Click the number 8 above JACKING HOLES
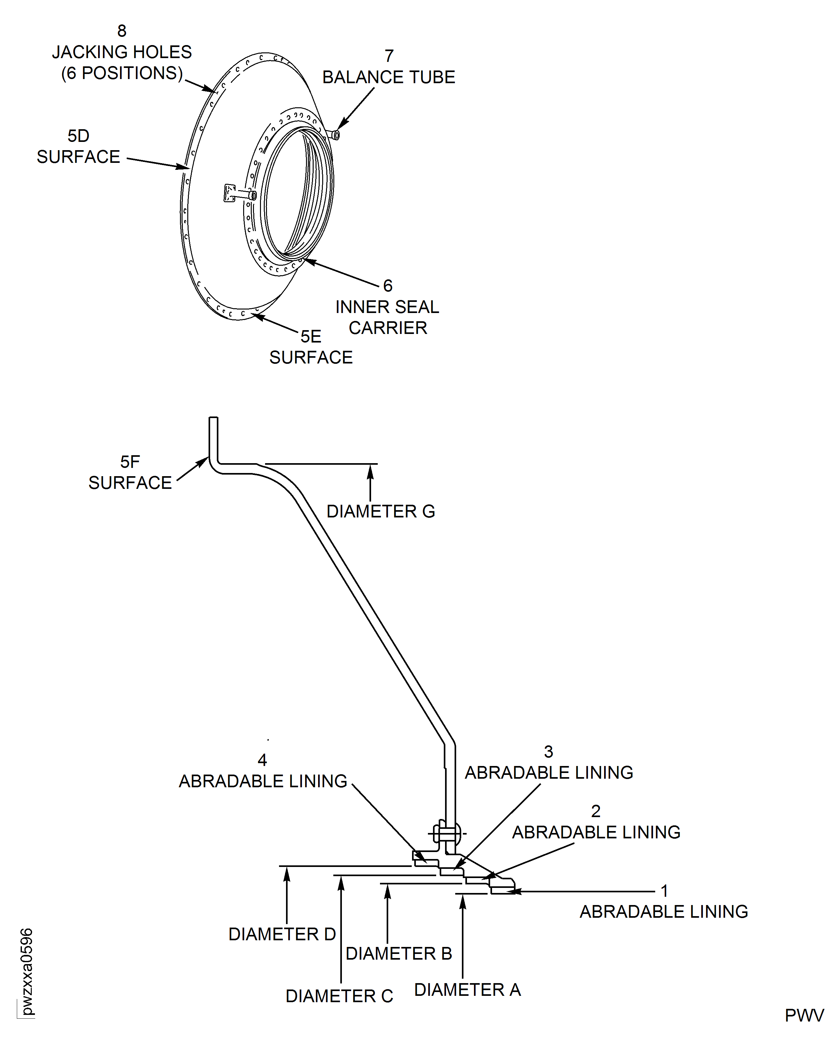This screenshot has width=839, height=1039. click(x=122, y=31)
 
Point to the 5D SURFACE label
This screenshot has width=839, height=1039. click(x=78, y=146)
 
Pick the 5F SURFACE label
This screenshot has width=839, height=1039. click(x=130, y=472)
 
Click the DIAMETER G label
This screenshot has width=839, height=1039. click(x=381, y=511)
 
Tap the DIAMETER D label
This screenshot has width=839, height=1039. click(x=282, y=934)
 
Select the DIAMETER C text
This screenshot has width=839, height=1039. click(x=339, y=996)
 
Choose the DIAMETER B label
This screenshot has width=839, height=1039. click(x=399, y=954)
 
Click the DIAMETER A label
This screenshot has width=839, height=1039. click(x=467, y=990)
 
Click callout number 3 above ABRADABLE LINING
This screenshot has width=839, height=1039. click(x=549, y=752)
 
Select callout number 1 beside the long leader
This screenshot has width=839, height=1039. click(x=664, y=891)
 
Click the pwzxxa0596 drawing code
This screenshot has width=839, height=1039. click(x=27, y=971)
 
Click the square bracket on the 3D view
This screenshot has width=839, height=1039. click(x=230, y=192)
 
